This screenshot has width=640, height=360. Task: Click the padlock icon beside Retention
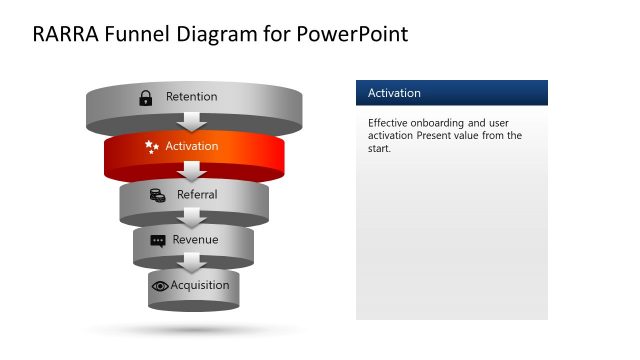point(146,97)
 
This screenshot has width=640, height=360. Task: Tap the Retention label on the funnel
point(191,97)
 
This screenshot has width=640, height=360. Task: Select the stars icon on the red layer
point(152,146)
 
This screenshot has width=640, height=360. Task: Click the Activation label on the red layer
point(192,146)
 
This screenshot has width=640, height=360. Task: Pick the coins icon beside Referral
point(157,195)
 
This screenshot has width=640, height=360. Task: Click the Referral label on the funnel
point(197,195)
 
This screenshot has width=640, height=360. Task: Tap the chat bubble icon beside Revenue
point(158,241)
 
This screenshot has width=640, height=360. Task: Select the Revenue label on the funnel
point(195,240)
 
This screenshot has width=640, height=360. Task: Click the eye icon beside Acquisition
point(160,286)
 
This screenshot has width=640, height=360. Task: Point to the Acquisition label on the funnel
point(200,285)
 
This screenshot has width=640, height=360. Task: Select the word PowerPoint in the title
point(353,34)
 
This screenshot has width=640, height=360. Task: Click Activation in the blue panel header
point(394,93)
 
